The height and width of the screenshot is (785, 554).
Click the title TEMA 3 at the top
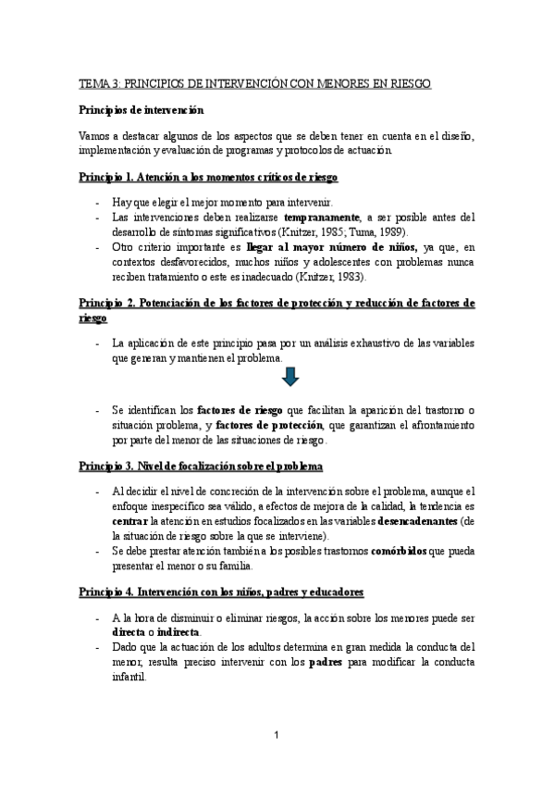point(254,84)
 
